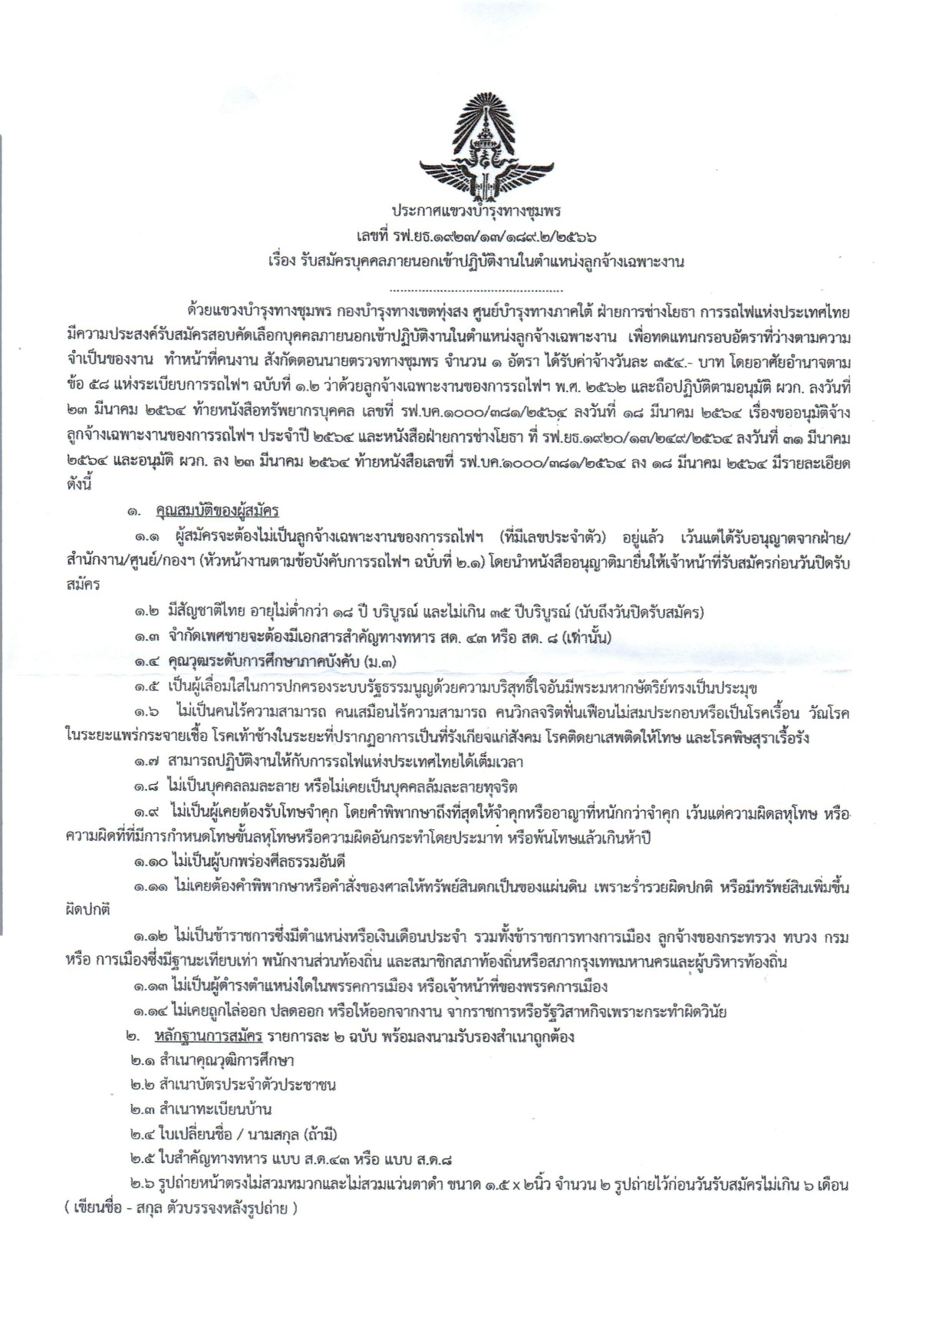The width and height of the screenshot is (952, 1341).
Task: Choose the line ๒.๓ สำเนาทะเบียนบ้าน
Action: point(200,1110)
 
